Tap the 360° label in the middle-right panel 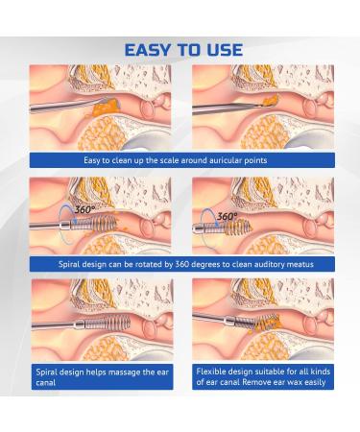pyautogui.click(x=228, y=217)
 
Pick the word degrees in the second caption pyautogui.click(x=190, y=262)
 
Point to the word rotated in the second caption pyautogui.click(x=130, y=262)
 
